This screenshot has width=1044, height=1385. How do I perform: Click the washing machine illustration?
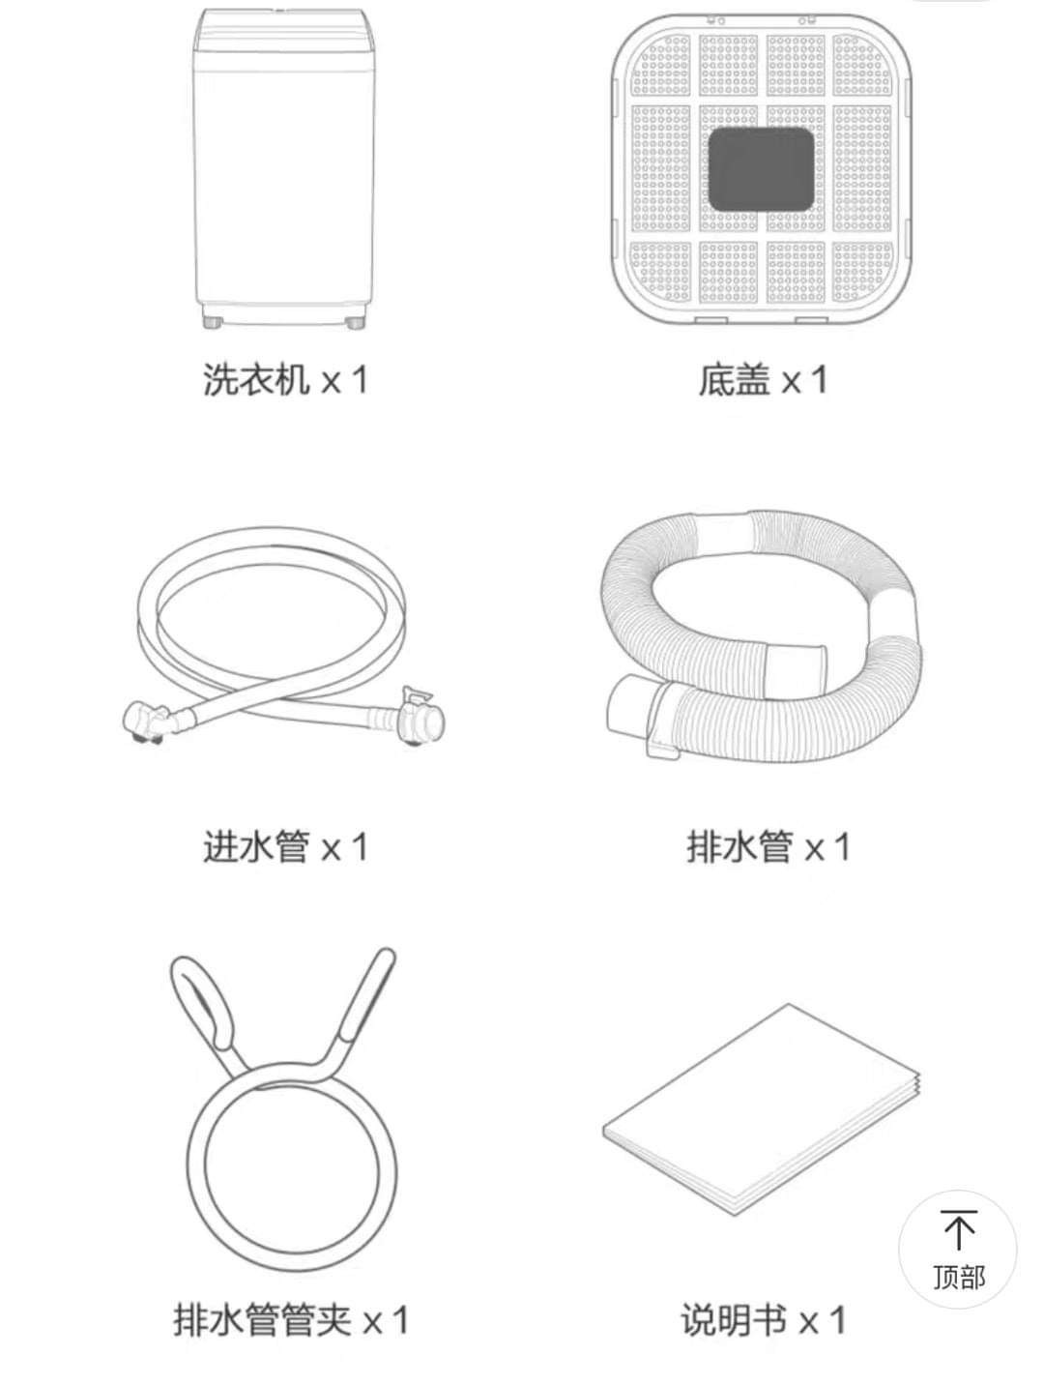click(284, 168)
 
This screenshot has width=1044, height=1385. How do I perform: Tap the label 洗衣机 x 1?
click(284, 379)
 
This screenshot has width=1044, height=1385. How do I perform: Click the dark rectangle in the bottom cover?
click(761, 169)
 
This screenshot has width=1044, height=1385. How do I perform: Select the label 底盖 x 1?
click(762, 379)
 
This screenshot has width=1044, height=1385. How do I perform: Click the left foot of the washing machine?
click(212, 322)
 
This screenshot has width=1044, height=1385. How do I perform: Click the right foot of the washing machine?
click(356, 322)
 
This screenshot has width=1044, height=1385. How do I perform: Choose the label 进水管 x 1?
click(284, 846)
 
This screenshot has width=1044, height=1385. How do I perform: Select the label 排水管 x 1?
click(768, 846)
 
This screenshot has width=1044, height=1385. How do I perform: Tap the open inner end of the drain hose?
click(796, 670)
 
